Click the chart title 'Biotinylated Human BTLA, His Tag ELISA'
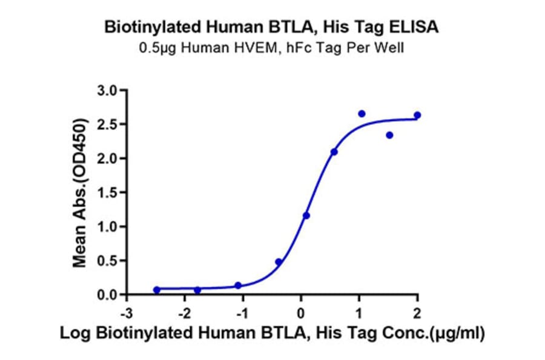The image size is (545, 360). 272,27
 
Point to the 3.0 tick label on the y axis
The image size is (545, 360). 111,90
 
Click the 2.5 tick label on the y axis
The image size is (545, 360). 111,124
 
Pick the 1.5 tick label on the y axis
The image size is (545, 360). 111,193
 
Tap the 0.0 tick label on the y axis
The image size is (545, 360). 111,295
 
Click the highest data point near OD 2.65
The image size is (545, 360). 362,114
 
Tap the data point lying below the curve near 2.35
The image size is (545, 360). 389,135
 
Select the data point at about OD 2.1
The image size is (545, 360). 334,152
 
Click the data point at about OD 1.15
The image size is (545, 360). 306,215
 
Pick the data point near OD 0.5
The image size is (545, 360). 279,262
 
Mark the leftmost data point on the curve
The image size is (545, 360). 157,290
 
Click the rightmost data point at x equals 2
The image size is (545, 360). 417,115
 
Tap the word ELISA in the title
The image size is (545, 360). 418,27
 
